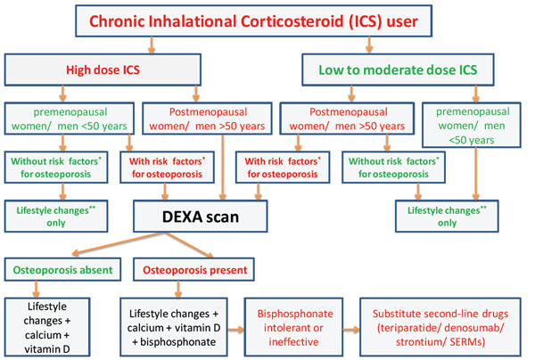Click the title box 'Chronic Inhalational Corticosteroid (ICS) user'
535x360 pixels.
253,20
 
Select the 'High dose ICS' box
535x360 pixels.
103,70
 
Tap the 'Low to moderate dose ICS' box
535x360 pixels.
398,70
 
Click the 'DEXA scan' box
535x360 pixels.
201,217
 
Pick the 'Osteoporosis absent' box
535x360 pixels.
62,270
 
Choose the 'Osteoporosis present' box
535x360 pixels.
193,270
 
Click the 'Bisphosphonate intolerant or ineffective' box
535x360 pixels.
293,327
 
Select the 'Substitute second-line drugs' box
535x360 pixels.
440,327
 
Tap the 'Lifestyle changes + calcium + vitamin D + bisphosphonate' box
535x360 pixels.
174,327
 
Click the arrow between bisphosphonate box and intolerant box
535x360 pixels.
236,330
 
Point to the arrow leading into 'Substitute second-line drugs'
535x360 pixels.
351,330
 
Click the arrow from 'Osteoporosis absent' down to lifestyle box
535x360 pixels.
37,290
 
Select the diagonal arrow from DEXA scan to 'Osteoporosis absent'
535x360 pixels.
118,243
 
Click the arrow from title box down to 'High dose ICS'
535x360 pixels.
152,45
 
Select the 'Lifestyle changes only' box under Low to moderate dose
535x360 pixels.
447,217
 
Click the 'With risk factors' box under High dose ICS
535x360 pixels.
168,168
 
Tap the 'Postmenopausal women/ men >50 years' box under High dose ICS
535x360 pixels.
207,119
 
